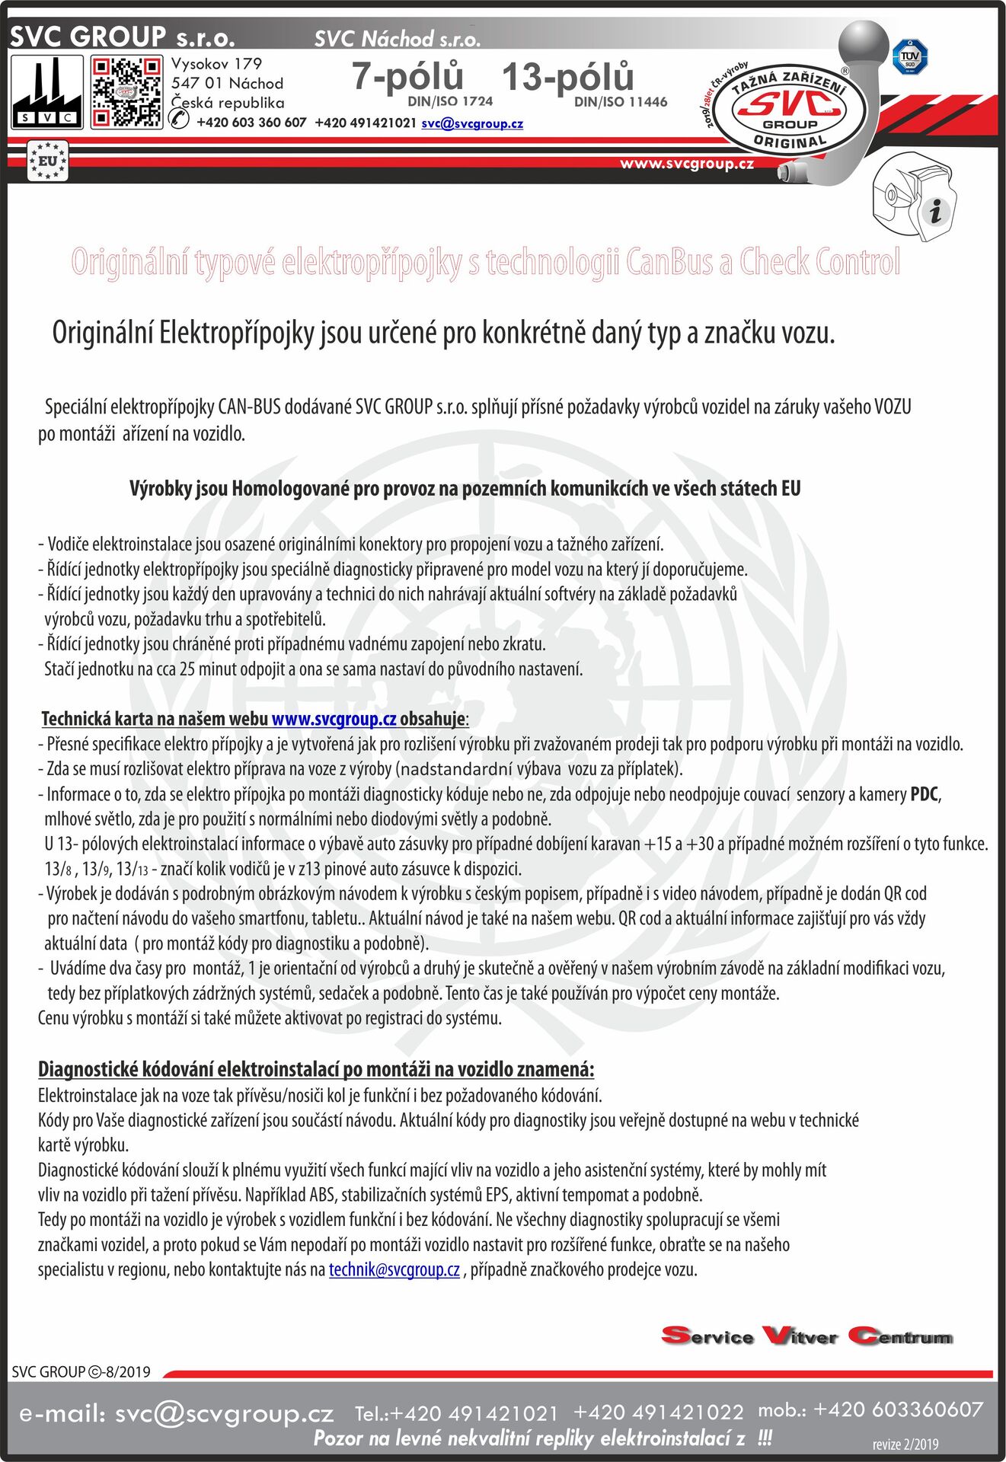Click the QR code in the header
click(x=126, y=93)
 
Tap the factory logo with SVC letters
click(x=47, y=93)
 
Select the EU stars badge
click(x=47, y=161)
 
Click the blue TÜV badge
click(x=909, y=57)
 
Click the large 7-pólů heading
click(x=407, y=77)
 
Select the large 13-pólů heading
click(x=567, y=77)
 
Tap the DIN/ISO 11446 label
click(x=621, y=102)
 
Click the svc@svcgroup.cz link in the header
click(x=472, y=123)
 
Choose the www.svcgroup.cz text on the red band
click(x=687, y=163)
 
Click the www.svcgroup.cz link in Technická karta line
click(x=334, y=719)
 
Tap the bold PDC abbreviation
click(x=925, y=794)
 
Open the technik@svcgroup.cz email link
click(x=394, y=1270)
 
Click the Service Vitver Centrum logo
click(x=807, y=1336)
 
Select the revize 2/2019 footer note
click(x=905, y=1444)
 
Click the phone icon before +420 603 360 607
click(x=180, y=120)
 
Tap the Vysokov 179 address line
click(x=216, y=64)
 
